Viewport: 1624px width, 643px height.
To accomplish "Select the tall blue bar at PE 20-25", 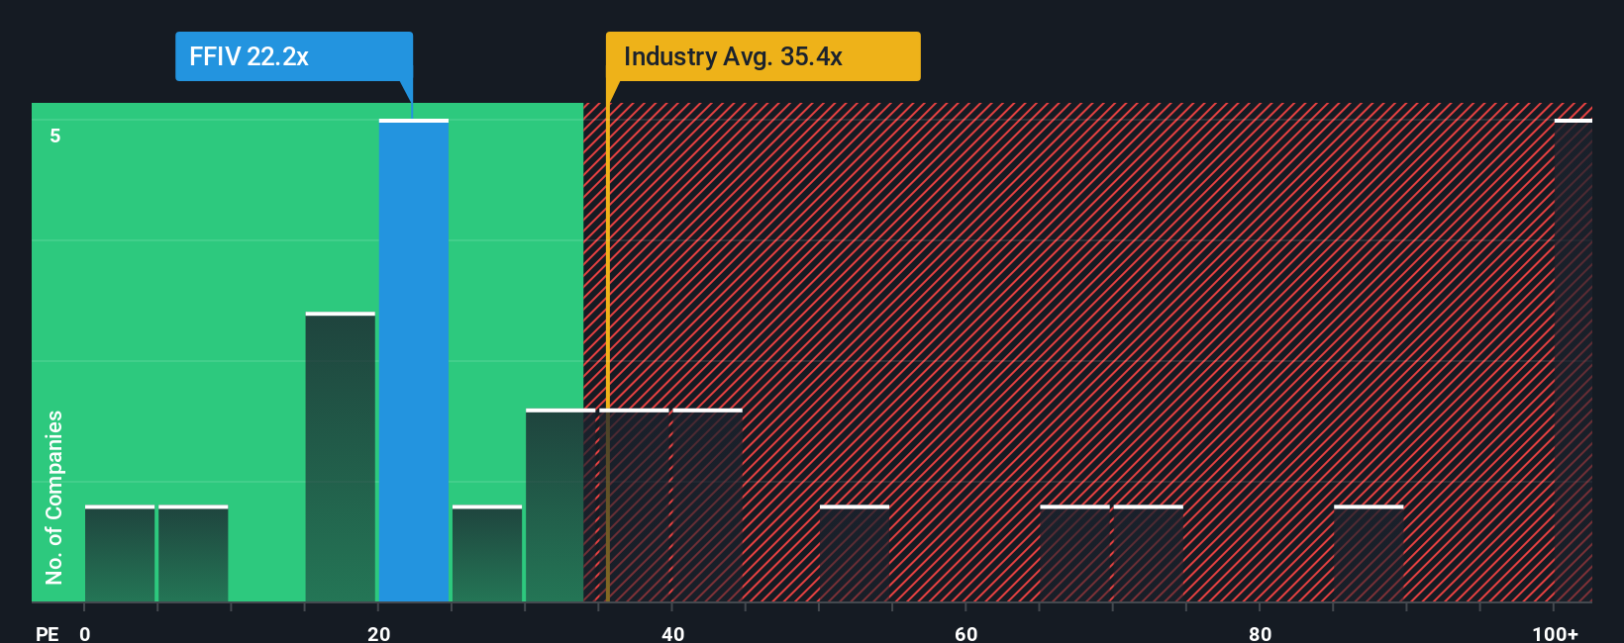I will click(x=414, y=361).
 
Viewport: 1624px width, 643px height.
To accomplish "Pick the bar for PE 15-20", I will click(x=340, y=457).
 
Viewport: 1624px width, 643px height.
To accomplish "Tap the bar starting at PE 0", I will click(x=120, y=554).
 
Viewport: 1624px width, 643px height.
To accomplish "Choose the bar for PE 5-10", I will click(x=193, y=554).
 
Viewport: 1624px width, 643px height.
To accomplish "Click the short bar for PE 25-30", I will click(x=487, y=554).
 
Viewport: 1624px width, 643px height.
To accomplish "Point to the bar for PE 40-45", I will click(x=707, y=505).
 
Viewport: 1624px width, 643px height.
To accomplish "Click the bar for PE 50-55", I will click(x=854, y=554).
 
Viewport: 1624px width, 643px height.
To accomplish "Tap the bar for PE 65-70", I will click(x=1074, y=554).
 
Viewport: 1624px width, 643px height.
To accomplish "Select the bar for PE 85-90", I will click(x=1369, y=554).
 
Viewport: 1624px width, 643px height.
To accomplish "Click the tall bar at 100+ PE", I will click(x=1573, y=361).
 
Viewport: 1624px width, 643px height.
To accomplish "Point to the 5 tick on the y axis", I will click(x=55, y=136).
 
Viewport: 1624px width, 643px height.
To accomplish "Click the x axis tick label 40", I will click(x=672, y=633).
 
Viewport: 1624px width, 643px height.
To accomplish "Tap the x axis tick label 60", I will click(x=966, y=633).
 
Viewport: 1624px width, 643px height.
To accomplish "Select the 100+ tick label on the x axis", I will click(x=1555, y=633).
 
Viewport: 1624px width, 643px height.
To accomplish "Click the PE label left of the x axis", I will click(x=47, y=633).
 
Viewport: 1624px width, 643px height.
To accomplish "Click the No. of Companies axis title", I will click(x=54, y=497).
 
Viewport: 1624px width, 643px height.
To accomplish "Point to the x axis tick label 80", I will click(x=1260, y=633).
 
